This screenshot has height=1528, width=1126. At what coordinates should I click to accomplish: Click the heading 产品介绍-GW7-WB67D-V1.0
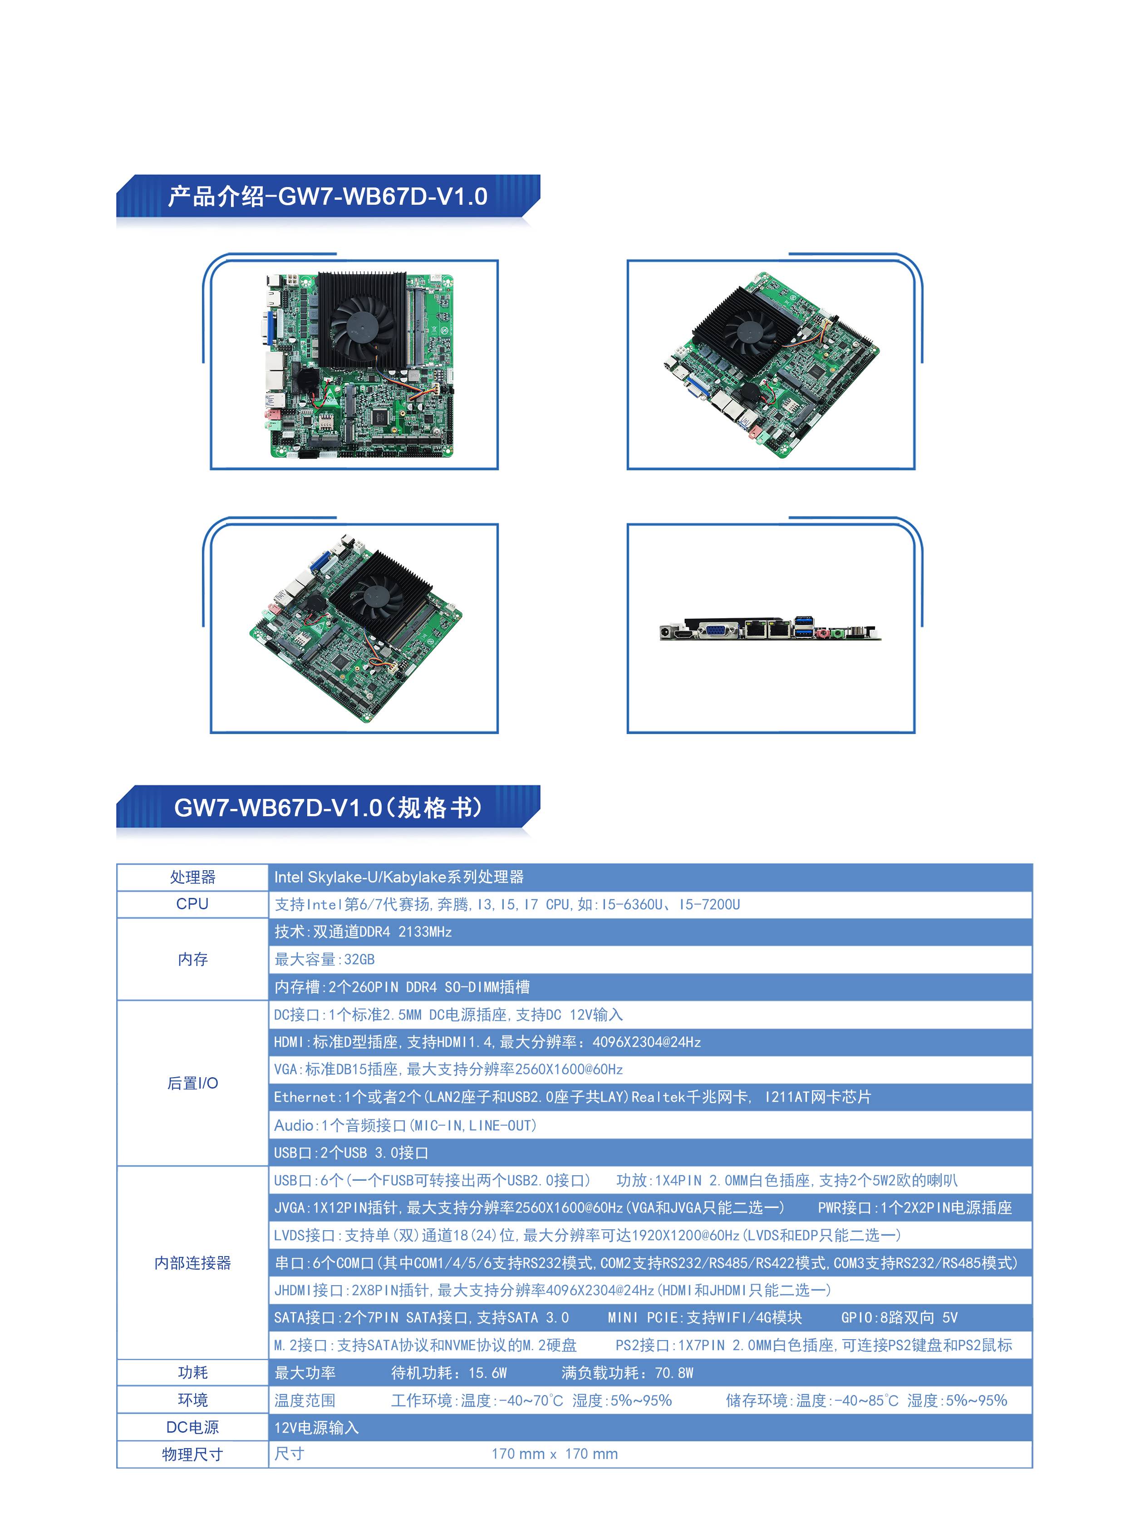pyautogui.click(x=328, y=197)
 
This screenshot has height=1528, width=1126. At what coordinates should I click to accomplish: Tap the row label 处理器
pyautogui.click(x=192, y=877)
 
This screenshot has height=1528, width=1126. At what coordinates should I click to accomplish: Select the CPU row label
pyautogui.click(x=192, y=904)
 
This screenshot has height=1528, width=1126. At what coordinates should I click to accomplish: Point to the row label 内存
pyautogui.click(x=192, y=959)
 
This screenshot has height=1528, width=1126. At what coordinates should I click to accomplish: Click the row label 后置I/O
pyautogui.click(x=192, y=1083)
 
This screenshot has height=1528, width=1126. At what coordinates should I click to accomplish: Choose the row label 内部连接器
pyautogui.click(x=192, y=1263)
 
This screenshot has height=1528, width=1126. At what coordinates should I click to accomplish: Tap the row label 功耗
pyautogui.click(x=192, y=1373)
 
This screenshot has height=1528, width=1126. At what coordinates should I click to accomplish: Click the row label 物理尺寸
pyautogui.click(x=192, y=1454)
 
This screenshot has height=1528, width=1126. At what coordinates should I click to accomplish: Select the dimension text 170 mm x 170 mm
pyautogui.click(x=554, y=1454)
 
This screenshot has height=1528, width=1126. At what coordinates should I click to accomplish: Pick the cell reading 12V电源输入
pyautogui.click(x=316, y=1427)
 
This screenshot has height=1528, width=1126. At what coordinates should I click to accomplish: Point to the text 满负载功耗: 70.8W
pyautogui.click(x=627, y=1373)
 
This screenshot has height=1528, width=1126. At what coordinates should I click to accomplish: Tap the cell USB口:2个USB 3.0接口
pyautogui.click(x=351, y=1152)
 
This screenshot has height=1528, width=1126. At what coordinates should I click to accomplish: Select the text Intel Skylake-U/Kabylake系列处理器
pyautogui.click(x=399, y=877)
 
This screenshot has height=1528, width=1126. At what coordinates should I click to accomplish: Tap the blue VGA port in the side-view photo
pyautogui.click(x=715, y=631)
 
